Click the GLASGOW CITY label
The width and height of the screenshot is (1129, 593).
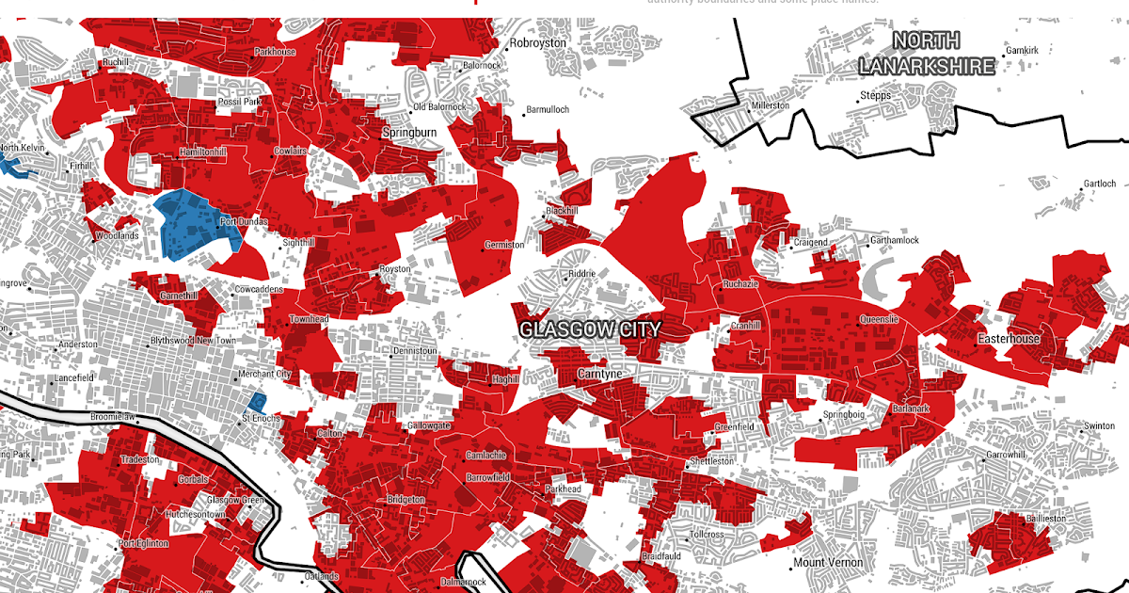(590, 329)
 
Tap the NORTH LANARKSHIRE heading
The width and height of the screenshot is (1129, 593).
(926, 54)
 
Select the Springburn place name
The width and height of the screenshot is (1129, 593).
(409, 133)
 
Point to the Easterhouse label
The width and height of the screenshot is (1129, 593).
(1009, 339)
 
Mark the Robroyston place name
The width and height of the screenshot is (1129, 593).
(538, 43)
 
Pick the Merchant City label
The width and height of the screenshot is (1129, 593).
(264, 375)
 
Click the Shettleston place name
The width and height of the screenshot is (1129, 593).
(712, 461)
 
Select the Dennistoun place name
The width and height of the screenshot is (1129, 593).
(417, 351)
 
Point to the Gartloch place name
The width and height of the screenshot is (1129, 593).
(1100, 184)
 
